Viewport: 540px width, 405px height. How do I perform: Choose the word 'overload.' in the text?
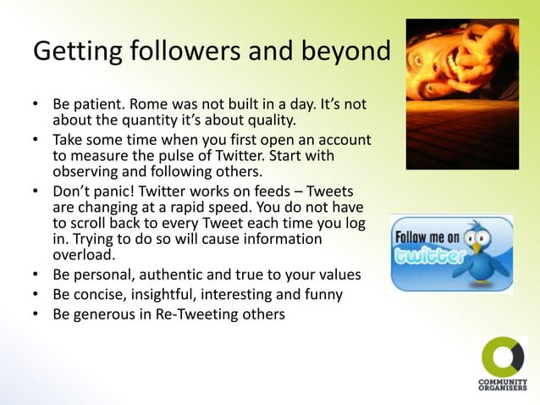pyautogui.click(x=82, y=254)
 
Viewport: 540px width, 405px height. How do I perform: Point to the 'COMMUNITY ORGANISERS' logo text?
pyautogui.click(x=503, y=384)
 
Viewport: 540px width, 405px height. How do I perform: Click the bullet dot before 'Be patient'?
pyautogui.click(x=36, y=104)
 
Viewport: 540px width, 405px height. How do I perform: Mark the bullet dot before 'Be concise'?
pyautogui.click(x=36, y=294)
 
